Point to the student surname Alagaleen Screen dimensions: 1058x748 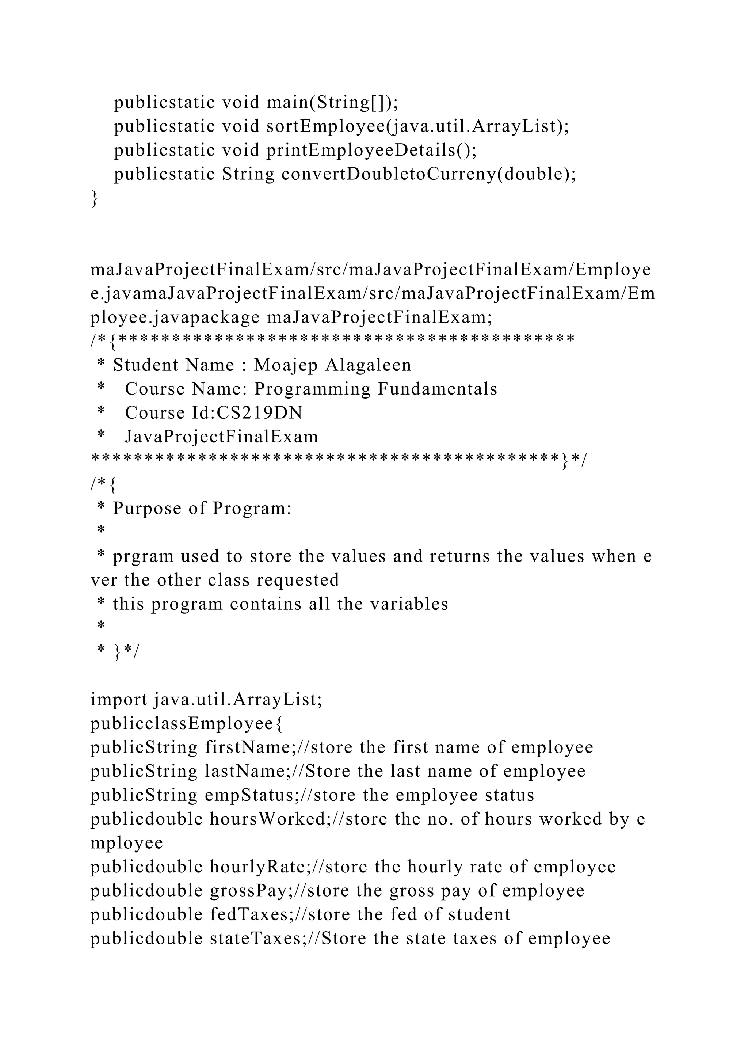(x=368, y=365)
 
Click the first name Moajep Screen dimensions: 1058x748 (x=286, y=365)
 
